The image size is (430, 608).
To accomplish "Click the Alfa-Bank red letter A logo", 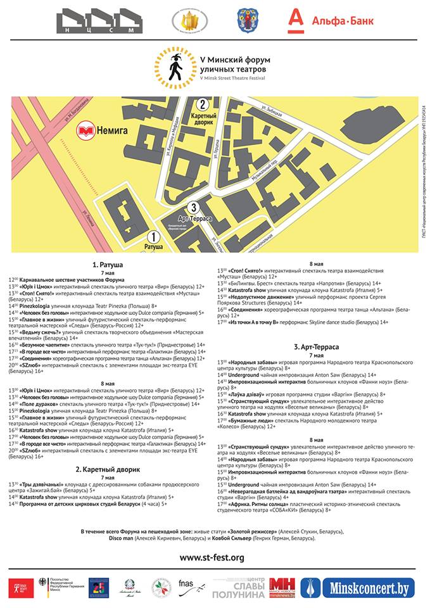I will [295, 21].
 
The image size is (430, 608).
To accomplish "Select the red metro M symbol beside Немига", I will [86, 130].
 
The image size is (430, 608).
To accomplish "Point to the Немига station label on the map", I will [111, 130].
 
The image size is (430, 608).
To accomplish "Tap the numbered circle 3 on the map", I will [194, 207].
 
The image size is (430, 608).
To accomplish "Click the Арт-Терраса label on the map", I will [194, 218].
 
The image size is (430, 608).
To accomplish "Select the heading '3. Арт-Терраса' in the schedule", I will [316, 347].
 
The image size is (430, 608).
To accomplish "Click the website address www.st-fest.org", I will [212, 557].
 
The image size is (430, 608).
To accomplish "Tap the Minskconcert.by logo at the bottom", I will [358, 588].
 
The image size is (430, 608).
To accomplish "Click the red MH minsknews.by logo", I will [282, 588].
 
